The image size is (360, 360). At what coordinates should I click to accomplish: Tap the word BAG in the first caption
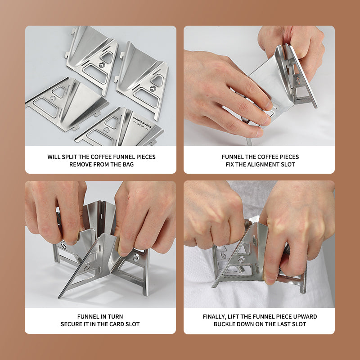click(x=128, y=164)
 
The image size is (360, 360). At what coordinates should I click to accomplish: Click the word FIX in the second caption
click(x=229, y=164)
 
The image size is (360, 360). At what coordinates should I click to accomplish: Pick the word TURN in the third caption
click(x=116, y=317)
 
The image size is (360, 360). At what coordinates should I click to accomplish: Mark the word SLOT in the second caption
click(x=288, y=164)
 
